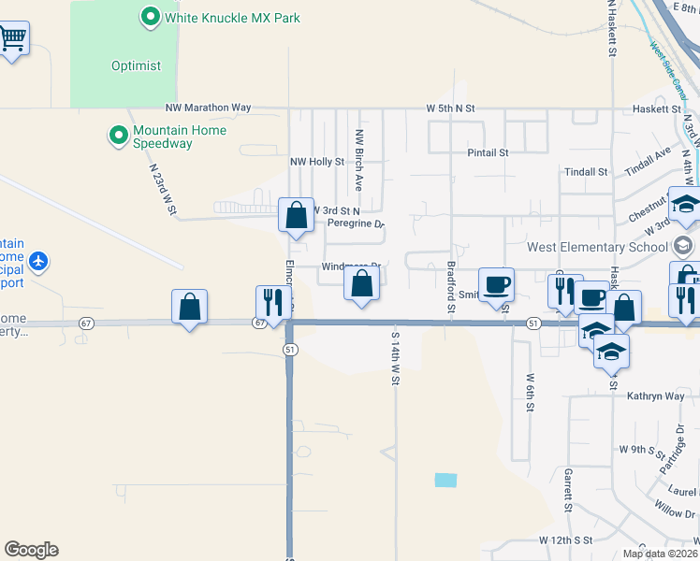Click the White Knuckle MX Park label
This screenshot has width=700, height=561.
coord(231,18)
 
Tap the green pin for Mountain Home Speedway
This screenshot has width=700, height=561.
coord(119,137)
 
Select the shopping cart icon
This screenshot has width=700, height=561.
coord(12,39)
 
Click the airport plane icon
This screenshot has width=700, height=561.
coord(38,260)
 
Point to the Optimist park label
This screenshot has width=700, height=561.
coord(137,66)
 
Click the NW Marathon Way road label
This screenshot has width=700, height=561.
coord(208,108)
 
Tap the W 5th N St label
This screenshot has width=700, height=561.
coord(451,108)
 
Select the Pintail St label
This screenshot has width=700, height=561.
coord(488,152)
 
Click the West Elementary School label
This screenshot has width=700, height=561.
coord(598,248)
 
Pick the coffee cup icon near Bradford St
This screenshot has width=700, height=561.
coord(496,284)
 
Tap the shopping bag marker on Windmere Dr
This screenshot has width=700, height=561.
coord(361,284)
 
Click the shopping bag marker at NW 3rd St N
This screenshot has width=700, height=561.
coord(296,215)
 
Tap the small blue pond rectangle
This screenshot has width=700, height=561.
coord(446,480)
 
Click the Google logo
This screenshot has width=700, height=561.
coord(31,550)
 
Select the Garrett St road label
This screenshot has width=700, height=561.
coord(568,491)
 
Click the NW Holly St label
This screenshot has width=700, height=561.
coord(317,162)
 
